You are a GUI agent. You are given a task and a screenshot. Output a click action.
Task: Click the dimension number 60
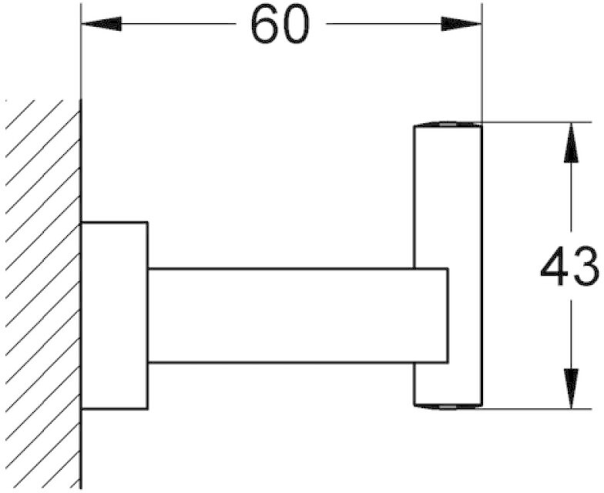pyautogui.click(x=280, y=25)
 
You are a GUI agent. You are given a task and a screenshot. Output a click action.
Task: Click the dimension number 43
pyautogui.click(x=570, y=266)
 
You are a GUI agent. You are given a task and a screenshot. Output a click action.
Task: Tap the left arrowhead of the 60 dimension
pyautogui.click(x=102, y=24)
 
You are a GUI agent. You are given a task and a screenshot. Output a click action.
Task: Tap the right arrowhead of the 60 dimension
pyautogui.click(x=461, y=24)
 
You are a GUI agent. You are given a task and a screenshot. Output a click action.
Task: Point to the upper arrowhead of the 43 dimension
pyautogui.click(x=571, y=142)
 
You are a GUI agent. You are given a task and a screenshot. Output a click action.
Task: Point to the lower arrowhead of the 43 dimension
pyautogui.click(x=571, y=388)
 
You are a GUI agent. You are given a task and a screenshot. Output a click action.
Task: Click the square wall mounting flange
pyautogui.click(x=115, y=316)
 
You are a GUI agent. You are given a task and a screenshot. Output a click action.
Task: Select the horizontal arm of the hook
pyautogui.click(x=297, y=316)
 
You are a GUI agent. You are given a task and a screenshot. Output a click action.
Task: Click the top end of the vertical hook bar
pyautogui.click(x=448, y=125)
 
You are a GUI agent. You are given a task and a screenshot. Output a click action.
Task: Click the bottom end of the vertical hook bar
pyautogui.click(x=448, y=406)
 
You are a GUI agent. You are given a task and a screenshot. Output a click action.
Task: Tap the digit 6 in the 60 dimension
pyautogui.click(x=265, y=25)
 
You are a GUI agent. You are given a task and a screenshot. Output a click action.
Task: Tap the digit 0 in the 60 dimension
pyautogui.click(x=296, y=25)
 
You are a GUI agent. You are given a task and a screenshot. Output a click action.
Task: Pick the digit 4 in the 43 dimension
pyautogui.click(x=555, y=266)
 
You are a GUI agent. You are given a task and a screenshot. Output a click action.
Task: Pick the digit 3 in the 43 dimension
pyautogui.click(x=586, y=266)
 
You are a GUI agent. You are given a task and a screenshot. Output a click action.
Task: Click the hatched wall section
pyautogui.click(x=43, y=293)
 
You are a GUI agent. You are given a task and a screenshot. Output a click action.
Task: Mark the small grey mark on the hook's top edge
pyautogui.click(x=447, y=125)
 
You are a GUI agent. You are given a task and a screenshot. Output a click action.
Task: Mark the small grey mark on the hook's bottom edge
pyautogui.click(x=447, y=407)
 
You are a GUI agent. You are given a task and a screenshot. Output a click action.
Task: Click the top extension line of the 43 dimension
pyautogui.click(x=536, y=122)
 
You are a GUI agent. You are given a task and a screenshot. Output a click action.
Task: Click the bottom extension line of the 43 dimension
pyautogui.click(x=536, y=408)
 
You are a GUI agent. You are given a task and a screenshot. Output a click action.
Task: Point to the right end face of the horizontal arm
pyautogui.click(x=448, y=316)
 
